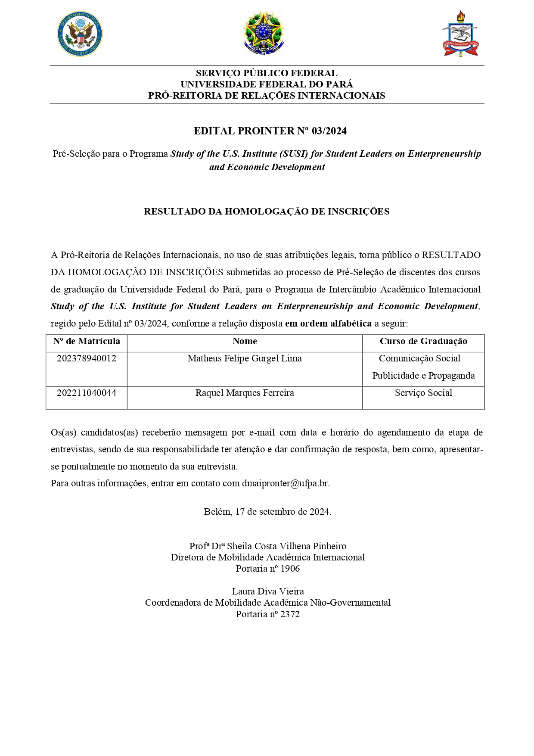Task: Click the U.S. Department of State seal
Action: (80, 34)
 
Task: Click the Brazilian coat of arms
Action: (263, 33)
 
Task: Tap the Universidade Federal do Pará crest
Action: (460, 34)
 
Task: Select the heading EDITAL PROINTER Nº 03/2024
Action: (270, 131)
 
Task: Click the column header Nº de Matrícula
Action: (87, 341)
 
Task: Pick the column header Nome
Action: (245, 341)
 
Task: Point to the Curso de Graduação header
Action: (423, 341)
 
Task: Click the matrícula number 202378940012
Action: (87, 358)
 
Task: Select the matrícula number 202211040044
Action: (87, 393)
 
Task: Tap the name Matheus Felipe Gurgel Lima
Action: (245, 358)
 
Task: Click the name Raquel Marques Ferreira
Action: (245, 393)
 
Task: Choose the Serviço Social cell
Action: (423, 393)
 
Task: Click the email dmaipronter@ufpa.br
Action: (286, 483)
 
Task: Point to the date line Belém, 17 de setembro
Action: (267, 512)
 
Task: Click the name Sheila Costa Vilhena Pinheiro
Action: (286, 546)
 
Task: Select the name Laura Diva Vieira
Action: (268, 591)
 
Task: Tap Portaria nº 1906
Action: (268, 569)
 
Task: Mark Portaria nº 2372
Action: (268, 614)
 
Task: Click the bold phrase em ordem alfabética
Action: (328, 324)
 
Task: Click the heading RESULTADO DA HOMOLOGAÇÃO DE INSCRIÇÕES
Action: (267, 212)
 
